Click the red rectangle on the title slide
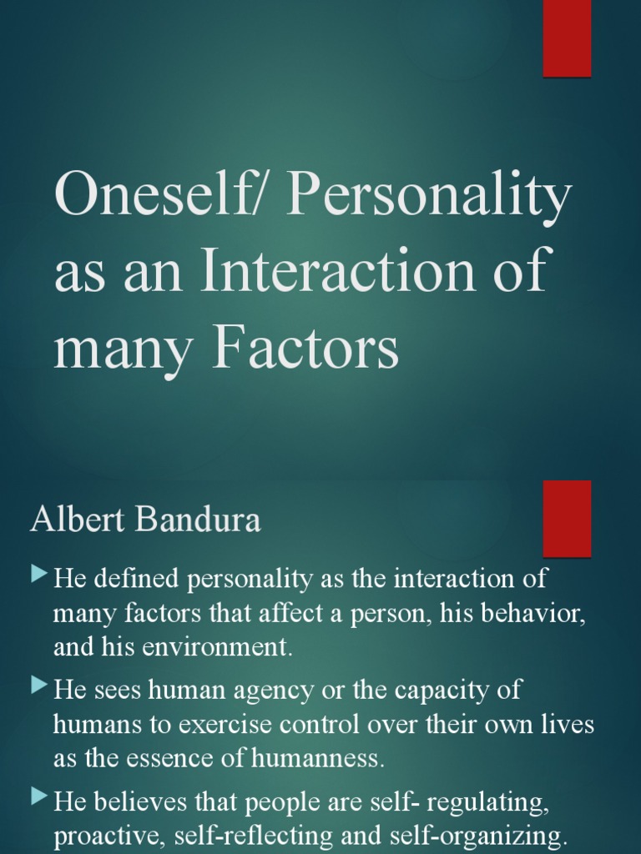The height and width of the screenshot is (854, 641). pyautogui.click(x=567, y=38)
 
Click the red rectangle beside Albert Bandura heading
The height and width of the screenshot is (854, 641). pyautogui.click(x=567, y=518)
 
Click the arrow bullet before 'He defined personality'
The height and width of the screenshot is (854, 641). pyautogui.click(x=39, y=575)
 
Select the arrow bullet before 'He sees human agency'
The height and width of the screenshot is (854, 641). pyautogui.click(x=39, y=686)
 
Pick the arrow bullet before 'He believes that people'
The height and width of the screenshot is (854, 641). pyautogui.click(x=39, y=798)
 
